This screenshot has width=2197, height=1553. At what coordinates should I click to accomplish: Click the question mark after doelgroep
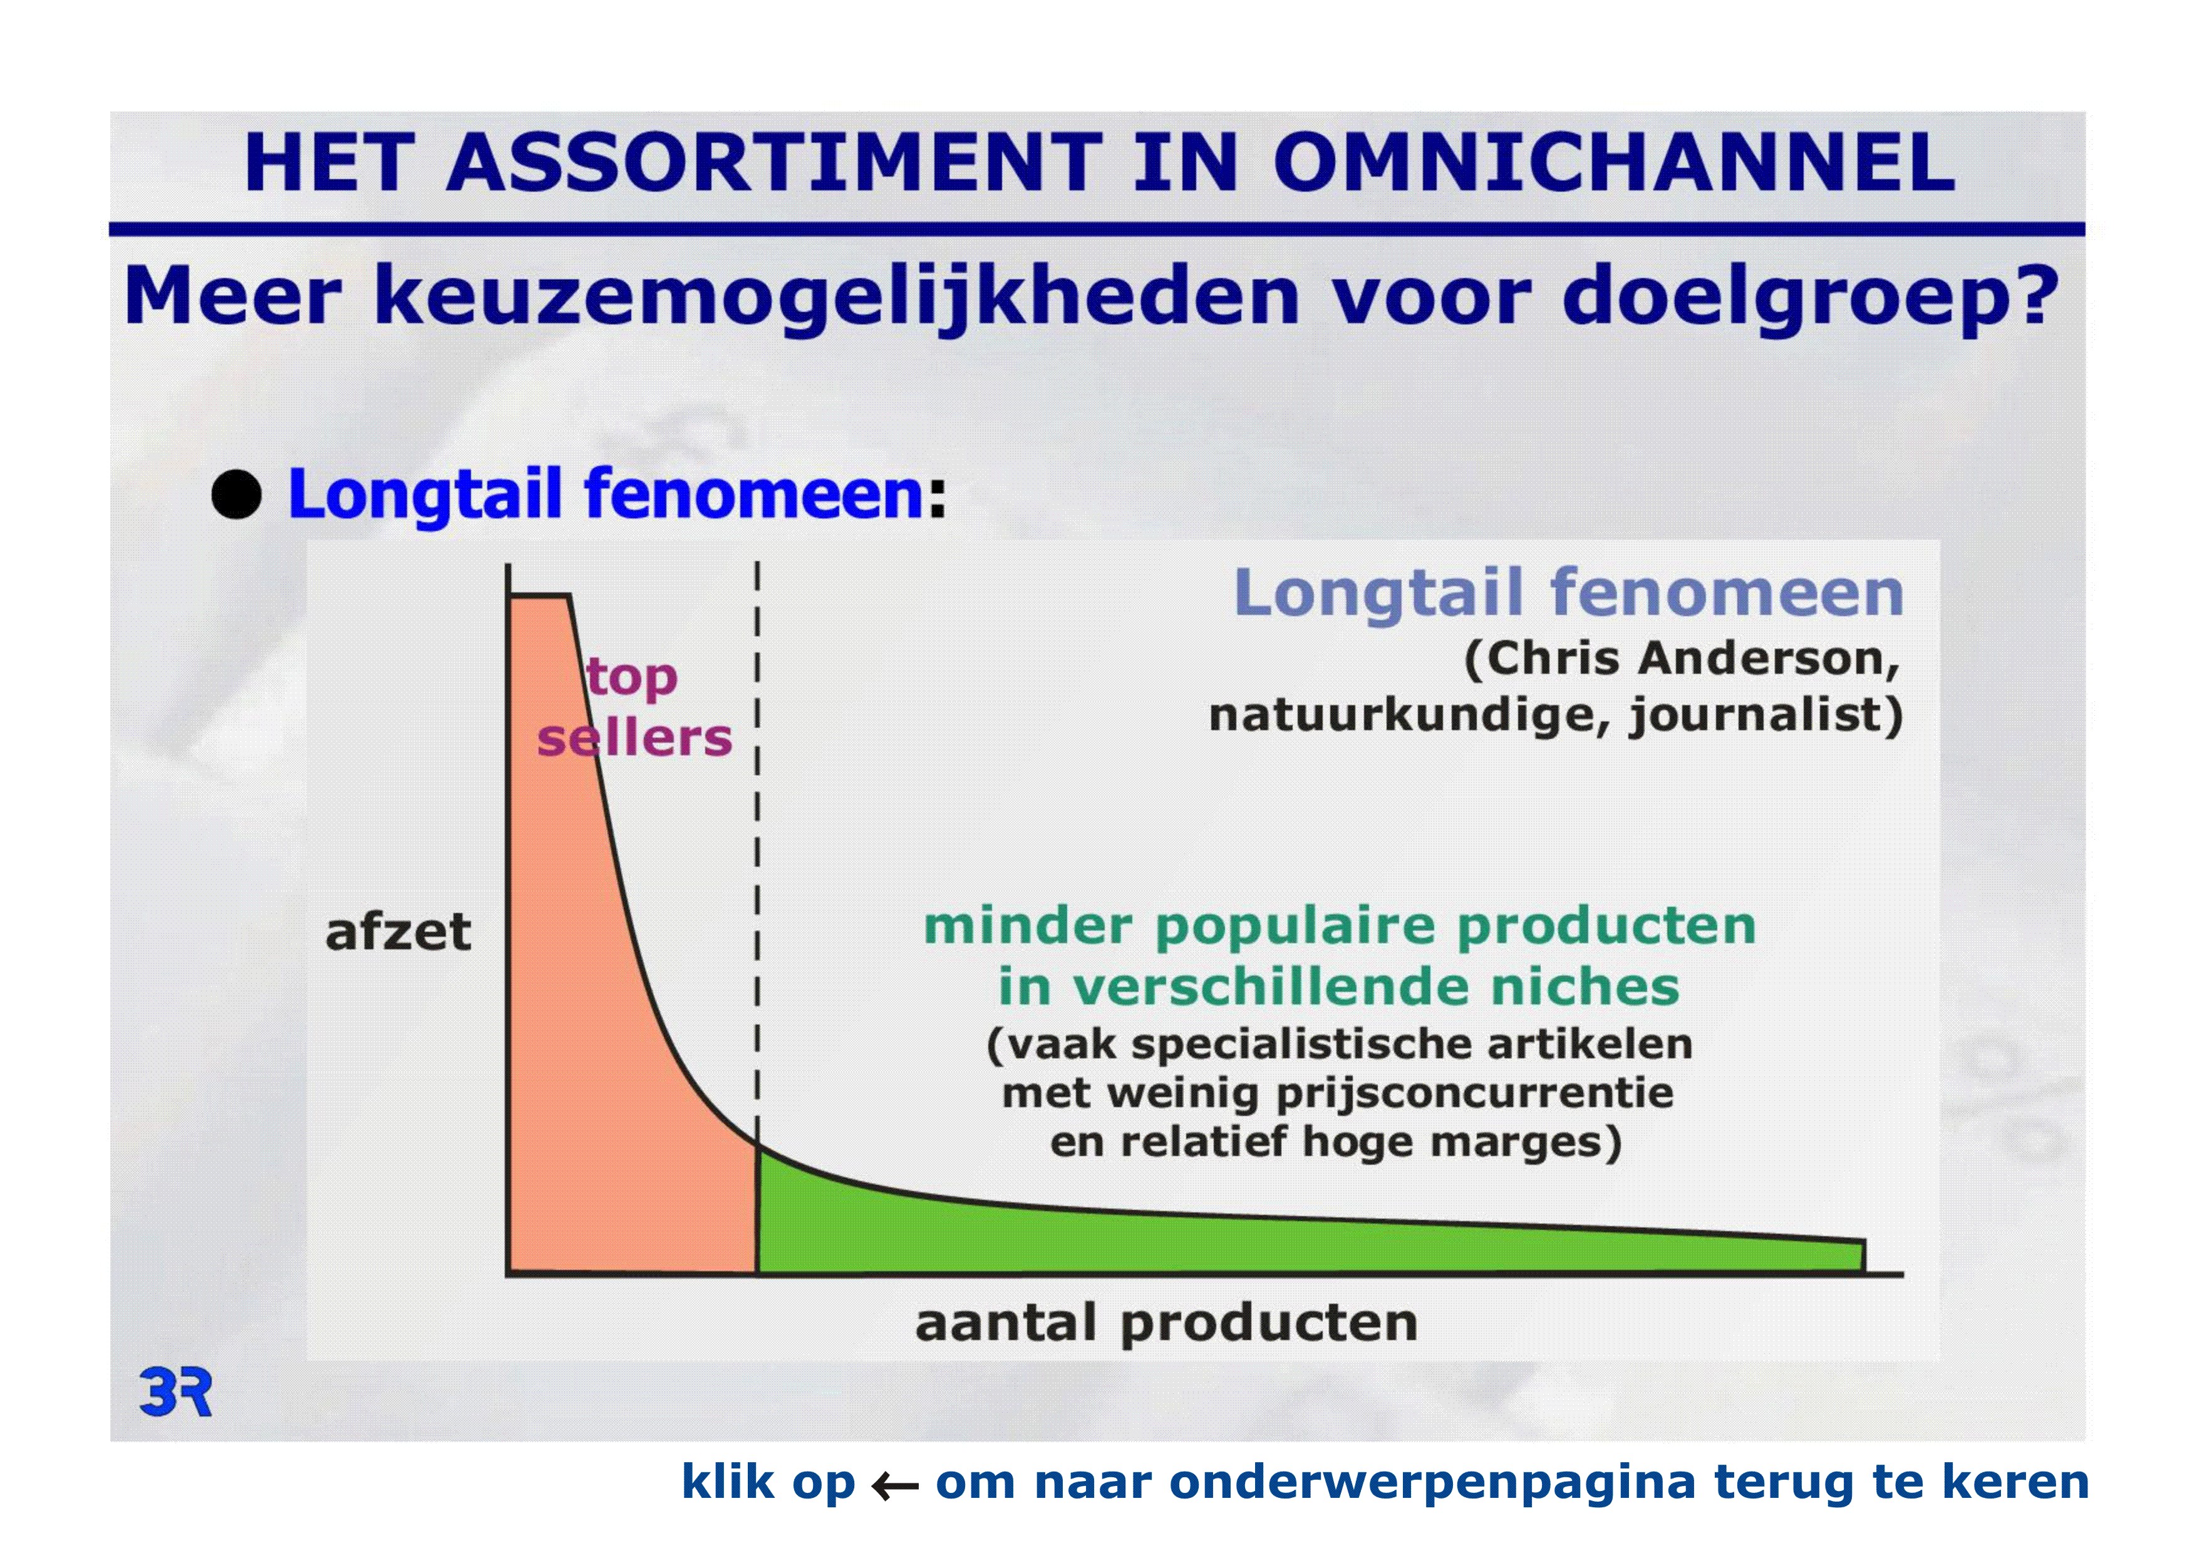point(2034,293)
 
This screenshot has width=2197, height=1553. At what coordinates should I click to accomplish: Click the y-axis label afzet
point(398,932)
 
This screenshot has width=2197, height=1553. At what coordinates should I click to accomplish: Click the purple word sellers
point(634,738)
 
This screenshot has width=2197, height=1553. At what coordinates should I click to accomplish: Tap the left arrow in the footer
point(895,1486)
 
